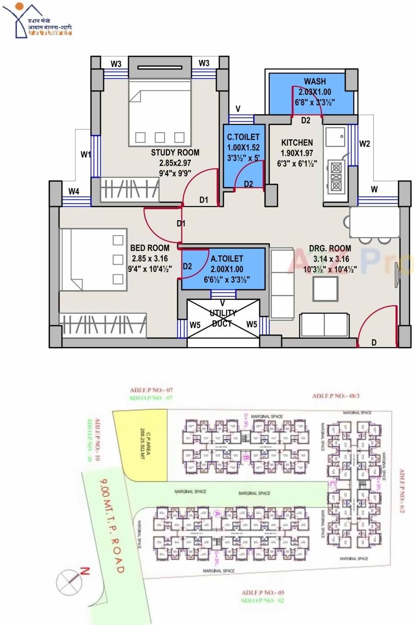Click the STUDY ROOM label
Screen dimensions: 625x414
tap(175, 153)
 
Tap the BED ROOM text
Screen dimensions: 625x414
tap(150, 248)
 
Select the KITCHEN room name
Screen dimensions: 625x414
tap(297, 143)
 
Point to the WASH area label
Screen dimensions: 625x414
tap(315, 81)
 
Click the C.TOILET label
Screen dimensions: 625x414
tap(243, 137)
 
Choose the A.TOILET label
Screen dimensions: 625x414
tap(227, 259)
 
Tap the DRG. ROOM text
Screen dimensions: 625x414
tap(330, 248)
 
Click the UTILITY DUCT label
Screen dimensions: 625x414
tap(223, 318)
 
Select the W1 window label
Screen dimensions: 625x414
tap(86, 154)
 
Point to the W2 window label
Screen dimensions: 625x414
tap(365, 144)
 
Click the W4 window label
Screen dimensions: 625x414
tap(74, 191)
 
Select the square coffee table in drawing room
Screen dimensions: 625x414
tap(325, 288)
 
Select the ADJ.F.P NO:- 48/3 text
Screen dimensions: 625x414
tap(336, 396)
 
